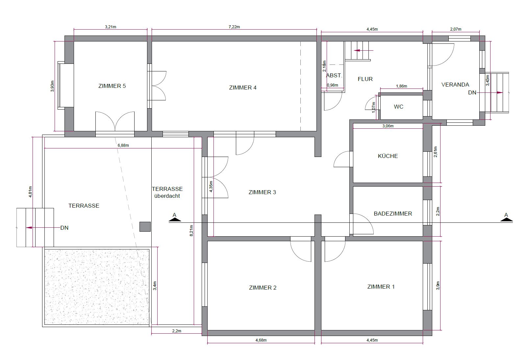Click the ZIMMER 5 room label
(x=112, y=86)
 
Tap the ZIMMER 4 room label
(x=242, y=88)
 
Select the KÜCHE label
(x=388, y=156)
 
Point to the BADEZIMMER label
(x=393, y=214)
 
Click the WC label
(x=398, y=107)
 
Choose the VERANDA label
(x=455, y=85)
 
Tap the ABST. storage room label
(x=334, y=75)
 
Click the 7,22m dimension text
(x=234, y=27)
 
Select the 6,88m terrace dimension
(x=123, y=145)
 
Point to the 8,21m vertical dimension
(x=191, y=231)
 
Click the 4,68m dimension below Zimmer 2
(x=261, y=340)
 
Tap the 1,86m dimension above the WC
(x=401, y=86)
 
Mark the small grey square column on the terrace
(x=145, y=226)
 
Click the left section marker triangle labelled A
(x=175, y=220)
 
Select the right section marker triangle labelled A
(x=507, y=220)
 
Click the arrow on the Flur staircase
(x=364, y=50)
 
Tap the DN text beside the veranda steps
(x=472, y=93)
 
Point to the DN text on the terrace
(x=64, y=228)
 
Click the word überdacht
(x=167, y=196)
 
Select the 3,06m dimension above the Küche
(x=388, y=126)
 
